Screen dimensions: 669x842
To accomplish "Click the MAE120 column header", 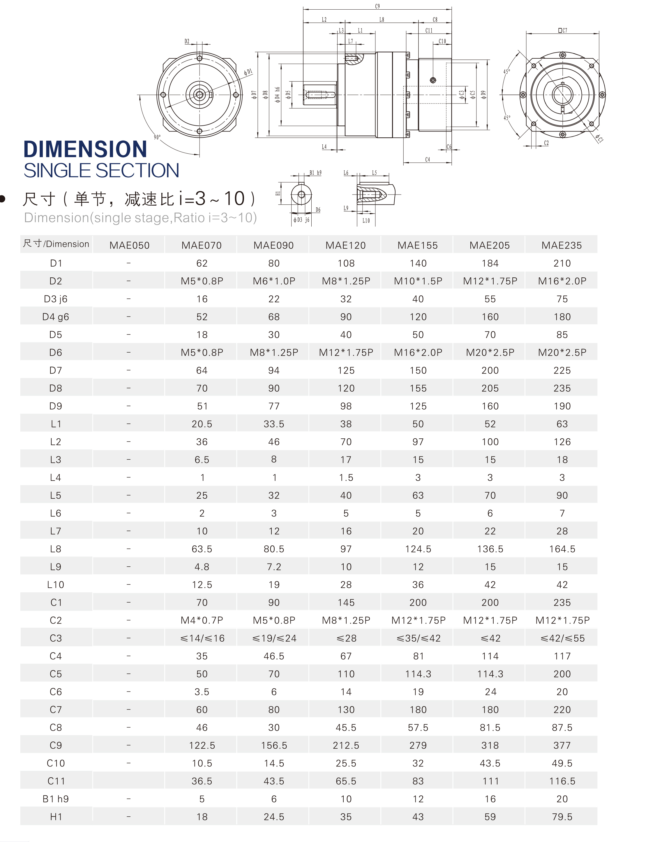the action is [346, 245].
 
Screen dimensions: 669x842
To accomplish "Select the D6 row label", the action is [56, 352].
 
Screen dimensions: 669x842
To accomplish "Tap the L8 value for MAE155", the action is [418, 549].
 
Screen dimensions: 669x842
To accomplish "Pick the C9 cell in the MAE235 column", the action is [562, 745].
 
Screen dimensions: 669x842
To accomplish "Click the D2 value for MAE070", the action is [202, 281].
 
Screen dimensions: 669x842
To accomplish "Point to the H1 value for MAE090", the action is [274, 817].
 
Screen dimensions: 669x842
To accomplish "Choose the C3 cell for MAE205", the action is [490, 638].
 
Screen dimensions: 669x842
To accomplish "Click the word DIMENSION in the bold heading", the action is [85, 149].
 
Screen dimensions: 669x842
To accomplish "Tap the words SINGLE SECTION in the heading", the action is [101, 171].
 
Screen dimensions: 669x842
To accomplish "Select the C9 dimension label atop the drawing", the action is [377, 6].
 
